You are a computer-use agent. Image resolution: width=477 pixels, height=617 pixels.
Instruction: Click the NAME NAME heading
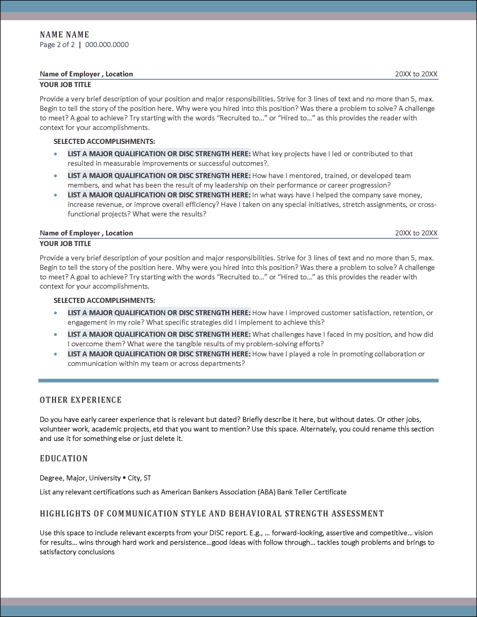pos(64,35)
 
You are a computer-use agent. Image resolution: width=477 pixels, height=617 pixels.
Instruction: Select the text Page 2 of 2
pos(57,45)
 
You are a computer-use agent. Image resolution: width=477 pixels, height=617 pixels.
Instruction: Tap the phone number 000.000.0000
pos(107,45)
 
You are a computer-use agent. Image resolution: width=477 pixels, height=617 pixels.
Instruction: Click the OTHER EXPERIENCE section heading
pos(81,400)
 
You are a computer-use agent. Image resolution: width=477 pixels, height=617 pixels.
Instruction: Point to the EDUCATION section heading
pos(64,458)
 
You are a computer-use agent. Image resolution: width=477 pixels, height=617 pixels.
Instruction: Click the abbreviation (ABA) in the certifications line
pos(266,492)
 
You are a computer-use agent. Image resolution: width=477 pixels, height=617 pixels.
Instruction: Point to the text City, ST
pos(139,478)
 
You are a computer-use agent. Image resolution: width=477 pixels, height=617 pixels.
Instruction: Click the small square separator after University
pos(124,478)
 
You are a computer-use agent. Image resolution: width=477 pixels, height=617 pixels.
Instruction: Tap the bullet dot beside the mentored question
pos(56,176)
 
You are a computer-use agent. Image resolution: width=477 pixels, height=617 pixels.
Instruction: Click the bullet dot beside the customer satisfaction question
pos(56,313)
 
